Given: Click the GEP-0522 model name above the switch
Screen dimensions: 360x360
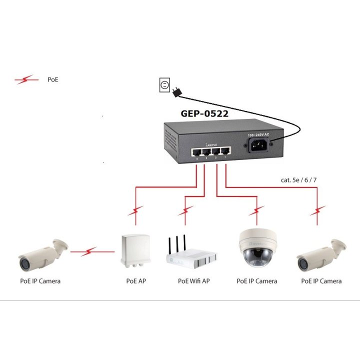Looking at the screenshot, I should coord(204,113).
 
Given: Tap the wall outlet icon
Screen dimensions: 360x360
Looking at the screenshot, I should coord(164,85).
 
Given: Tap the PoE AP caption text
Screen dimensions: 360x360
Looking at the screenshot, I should coord(136,281).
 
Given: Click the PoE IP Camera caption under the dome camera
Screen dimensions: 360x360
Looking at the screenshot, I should coord(256,281).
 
